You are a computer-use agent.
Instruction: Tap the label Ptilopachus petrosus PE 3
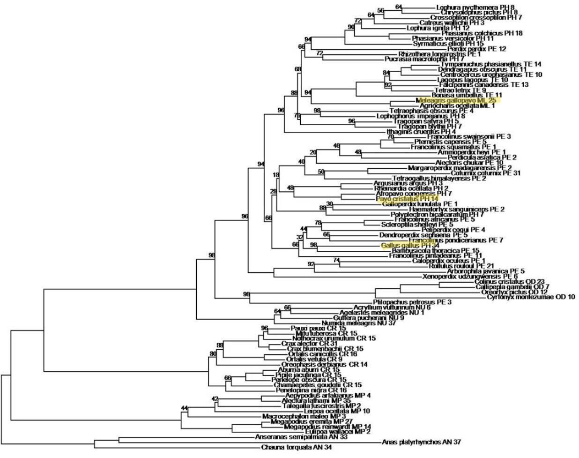pyautogui.click(x=412, y=302)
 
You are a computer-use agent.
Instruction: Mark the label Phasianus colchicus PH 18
pyautogui.click(x=482, y=33)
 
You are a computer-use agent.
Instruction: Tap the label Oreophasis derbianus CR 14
pyautogui.click(x=321, y=364)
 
